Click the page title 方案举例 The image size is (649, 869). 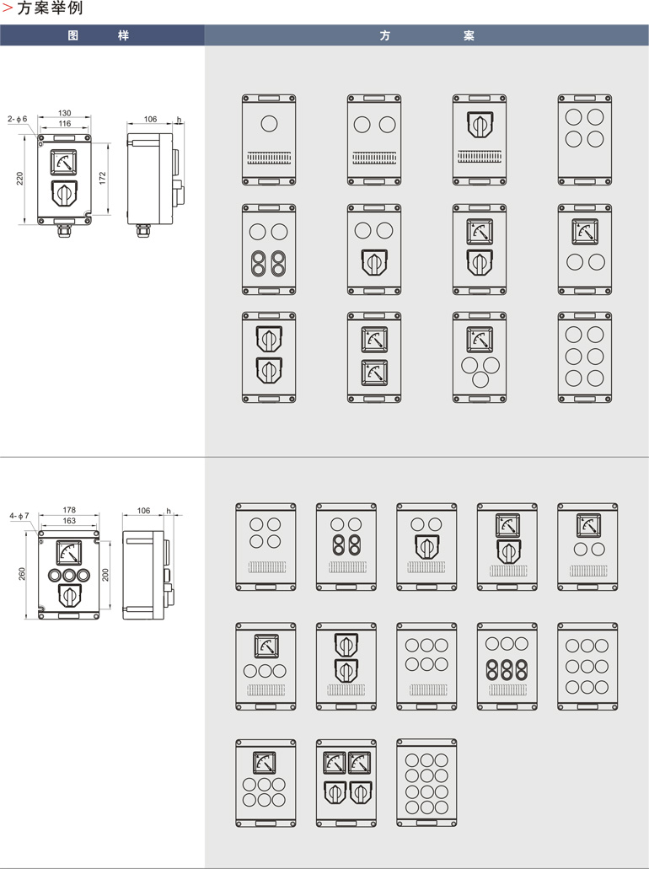(x=49, y=9)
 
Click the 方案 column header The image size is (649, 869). (x=426, y=35)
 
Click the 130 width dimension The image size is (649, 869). (x=64, y=113)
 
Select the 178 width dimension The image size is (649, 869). (x=69, y=510)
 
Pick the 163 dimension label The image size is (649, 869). (x=69, y=521)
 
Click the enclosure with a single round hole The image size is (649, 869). (x=269, y=139)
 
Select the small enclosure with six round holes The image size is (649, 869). (x=585, y=357)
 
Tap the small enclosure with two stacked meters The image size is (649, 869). (x=374, y=357)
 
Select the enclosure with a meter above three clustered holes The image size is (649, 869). (x=480, y=357)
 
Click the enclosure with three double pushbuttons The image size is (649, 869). (x=507, y=666)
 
